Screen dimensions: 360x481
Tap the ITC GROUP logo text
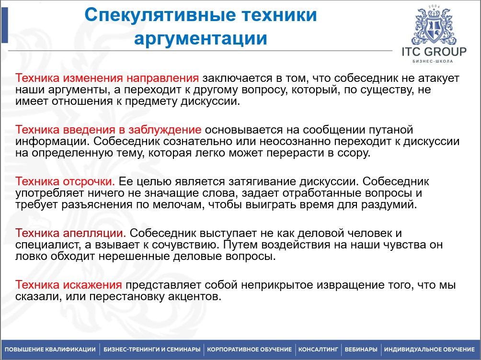pos(434,52)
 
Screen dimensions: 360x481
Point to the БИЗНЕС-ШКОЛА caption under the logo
pos(433,61)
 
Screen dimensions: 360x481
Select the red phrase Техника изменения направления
pos(107,78)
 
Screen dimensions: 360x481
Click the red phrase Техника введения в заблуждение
pos(108,130)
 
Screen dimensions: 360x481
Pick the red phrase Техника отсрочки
pos(65,182)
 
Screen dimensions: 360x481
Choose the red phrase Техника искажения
pos(69,285)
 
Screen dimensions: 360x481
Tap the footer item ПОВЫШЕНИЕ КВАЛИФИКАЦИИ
pos(50,349)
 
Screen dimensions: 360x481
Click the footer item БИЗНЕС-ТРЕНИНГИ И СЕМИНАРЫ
pos(152,349)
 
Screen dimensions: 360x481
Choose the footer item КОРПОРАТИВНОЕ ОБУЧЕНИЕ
pos(249,349)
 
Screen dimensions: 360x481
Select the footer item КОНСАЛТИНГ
pos(318,349)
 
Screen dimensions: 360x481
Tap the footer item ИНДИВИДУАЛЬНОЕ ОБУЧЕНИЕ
pos(429,349)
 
